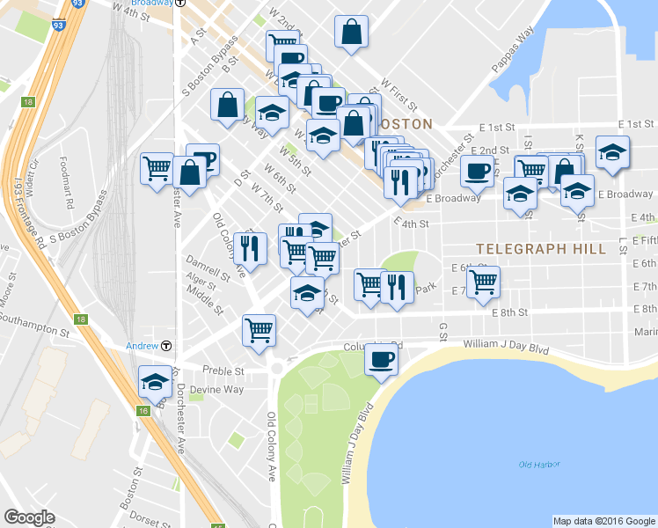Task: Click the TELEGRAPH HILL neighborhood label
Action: click(x=541, y=249)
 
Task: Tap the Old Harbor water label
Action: click(x=539, y=465)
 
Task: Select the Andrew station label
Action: click(x=141, y=345)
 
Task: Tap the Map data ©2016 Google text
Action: click(x=603, y=521)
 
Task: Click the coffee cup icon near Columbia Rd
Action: click(x=381, y=359)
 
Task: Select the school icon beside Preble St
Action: click(x=156, y=382)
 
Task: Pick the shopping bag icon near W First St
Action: click(x=351, y=33)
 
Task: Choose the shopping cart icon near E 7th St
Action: click(x=483, y=282)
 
